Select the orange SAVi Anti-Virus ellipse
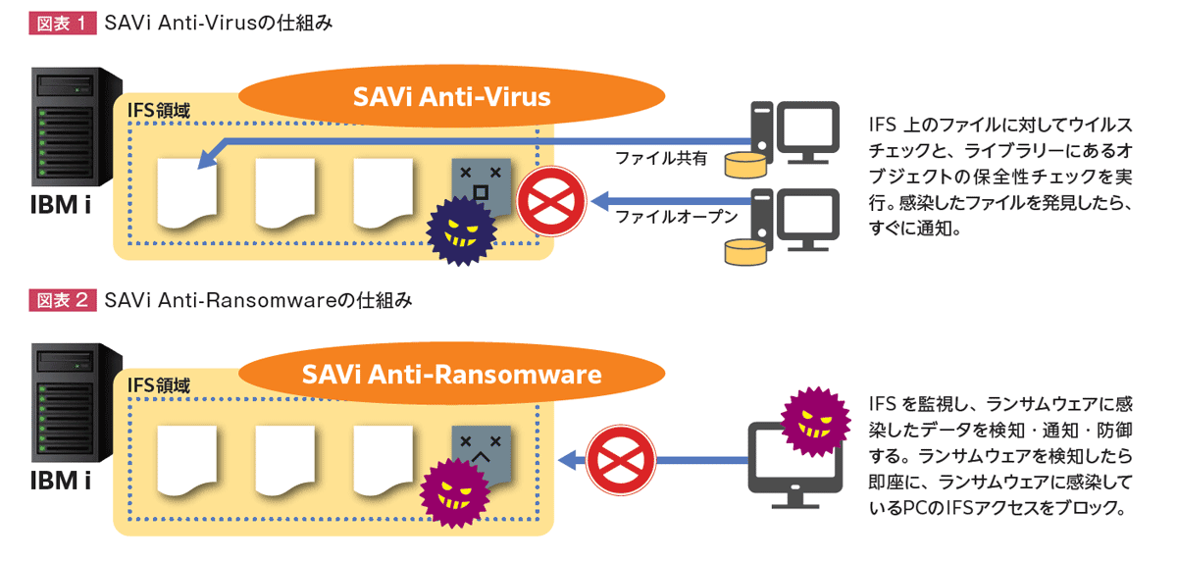tap(451, 97)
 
